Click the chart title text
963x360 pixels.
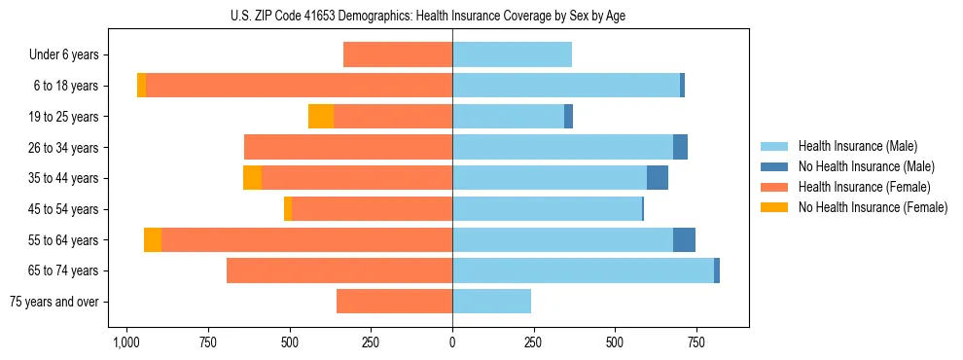pos(452,16)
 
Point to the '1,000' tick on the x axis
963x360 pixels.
pos(126,342)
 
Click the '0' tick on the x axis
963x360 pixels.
pos(452,342)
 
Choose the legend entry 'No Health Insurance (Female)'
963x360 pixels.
pos(873,207)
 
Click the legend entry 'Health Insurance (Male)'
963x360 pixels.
pos(858,146)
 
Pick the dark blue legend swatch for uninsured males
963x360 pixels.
pos(775,166)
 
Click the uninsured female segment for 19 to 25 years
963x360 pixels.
pos(321,117)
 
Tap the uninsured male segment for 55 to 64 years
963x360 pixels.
pos(684,239)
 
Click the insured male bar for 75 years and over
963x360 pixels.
pos(491,302)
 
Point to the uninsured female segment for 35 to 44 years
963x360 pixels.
pos(252,178)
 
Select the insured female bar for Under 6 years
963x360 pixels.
pos(398,55)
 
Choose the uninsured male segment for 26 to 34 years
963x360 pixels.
pos(680,147)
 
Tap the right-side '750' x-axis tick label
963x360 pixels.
pos(695,342)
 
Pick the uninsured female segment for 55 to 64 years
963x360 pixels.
pos(153,239)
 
